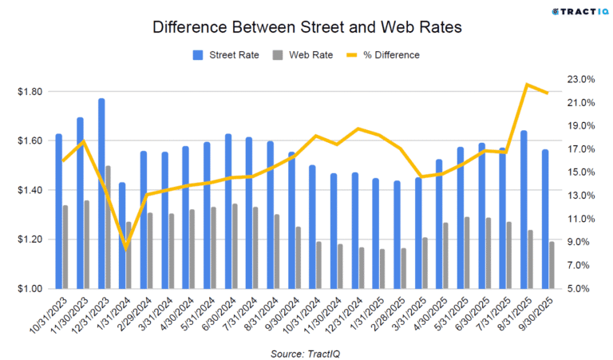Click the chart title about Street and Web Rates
tap(306, 27)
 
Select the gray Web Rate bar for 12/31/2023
tap(109, 227)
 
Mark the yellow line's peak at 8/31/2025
tap(527, 84)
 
